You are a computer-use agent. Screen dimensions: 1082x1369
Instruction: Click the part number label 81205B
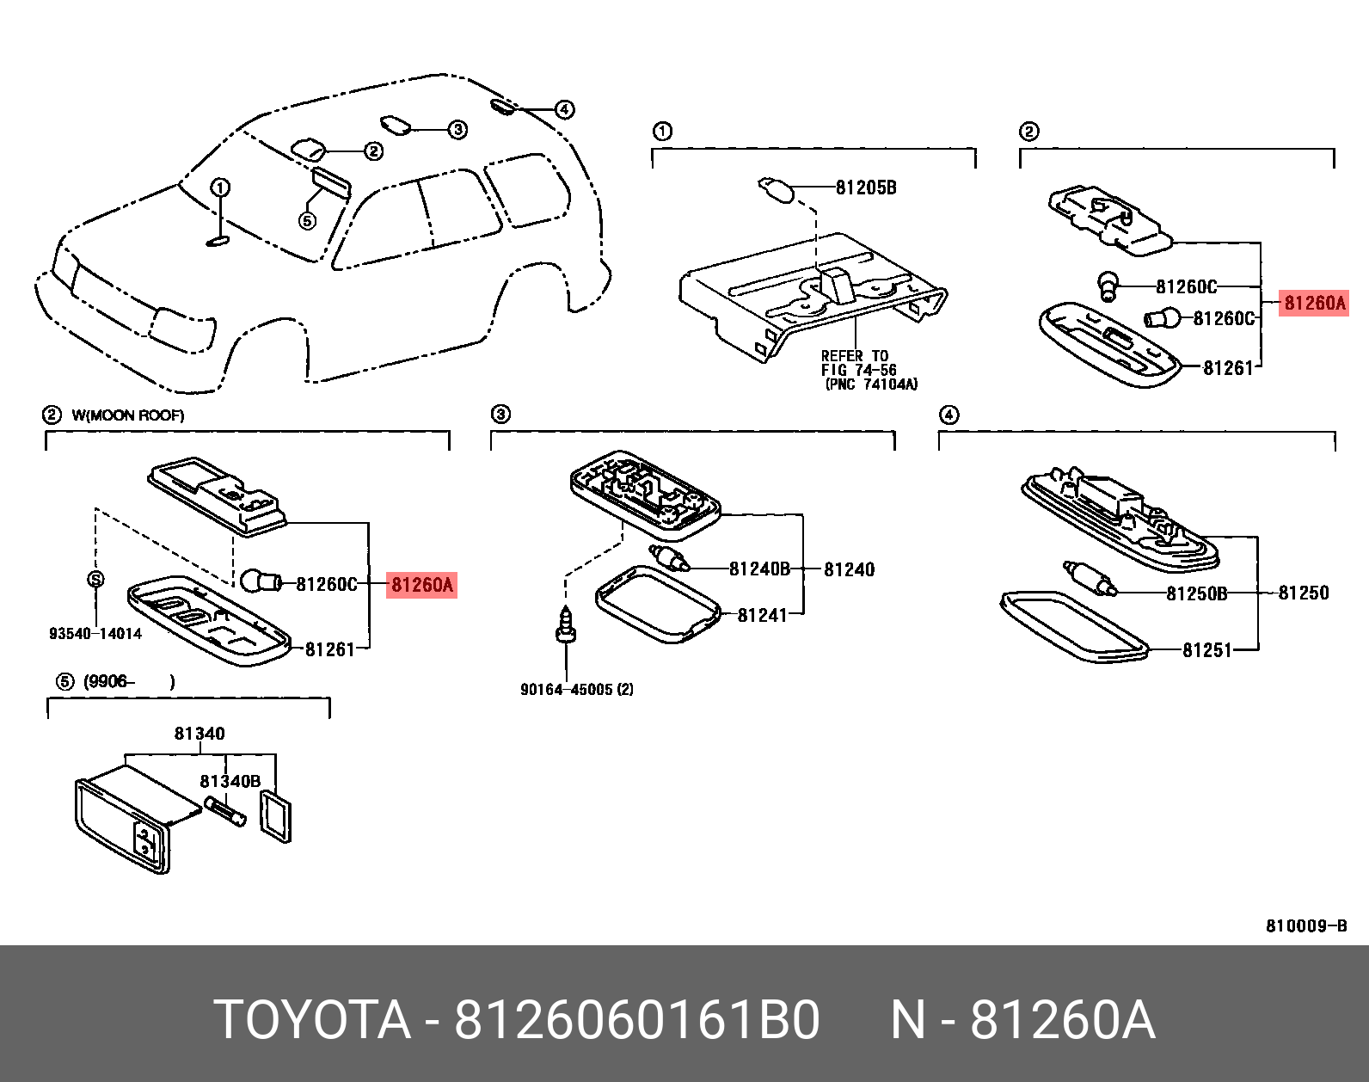click(865, 188)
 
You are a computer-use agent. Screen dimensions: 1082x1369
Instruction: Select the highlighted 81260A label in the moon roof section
click(421, 585)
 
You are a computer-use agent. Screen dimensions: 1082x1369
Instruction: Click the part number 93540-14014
click(95, 634)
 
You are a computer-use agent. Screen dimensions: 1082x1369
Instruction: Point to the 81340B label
click(230, 781)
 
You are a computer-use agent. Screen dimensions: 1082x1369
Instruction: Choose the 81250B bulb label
click(1196, 593)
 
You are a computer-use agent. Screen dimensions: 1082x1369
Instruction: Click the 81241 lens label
click(762, 615)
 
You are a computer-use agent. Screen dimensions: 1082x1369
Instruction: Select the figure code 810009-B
click(1305, 925)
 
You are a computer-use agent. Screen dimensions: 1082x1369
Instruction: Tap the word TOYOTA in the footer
click(312, 1020)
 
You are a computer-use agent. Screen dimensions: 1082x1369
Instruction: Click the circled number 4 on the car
click(564, 109)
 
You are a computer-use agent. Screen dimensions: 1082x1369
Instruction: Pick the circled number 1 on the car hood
click(220, 188)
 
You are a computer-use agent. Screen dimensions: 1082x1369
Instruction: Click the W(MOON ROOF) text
click(128, 415)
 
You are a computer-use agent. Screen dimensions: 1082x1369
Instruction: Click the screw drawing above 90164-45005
click(565, 624)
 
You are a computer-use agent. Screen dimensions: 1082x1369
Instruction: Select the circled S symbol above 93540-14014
click(95, 579)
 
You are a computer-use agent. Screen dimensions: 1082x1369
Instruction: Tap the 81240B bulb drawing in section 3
click(670, 558)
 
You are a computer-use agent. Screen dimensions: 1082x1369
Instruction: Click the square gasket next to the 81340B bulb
click(276, 817)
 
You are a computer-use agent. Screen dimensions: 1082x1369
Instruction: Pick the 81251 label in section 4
click(1207, 650)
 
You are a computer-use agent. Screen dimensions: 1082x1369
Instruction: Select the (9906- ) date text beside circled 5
click(129, 682)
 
